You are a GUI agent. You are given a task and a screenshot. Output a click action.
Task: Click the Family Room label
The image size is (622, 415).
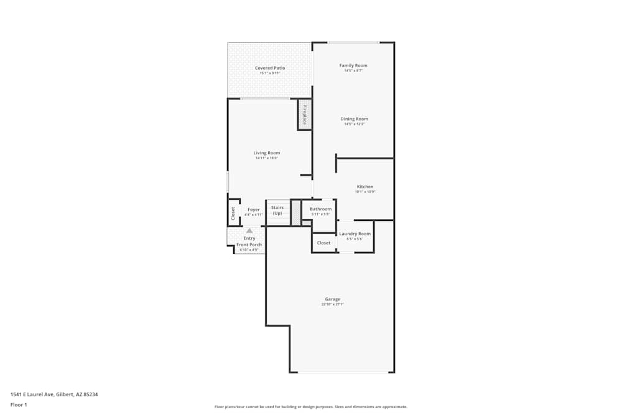coord(353,65)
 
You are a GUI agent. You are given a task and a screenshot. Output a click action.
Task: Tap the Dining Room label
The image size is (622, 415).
coord(354,119)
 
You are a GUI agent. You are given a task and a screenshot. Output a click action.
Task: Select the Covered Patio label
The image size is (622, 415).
coord(270,68)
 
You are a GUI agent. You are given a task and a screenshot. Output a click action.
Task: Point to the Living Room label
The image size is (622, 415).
coord(266,153)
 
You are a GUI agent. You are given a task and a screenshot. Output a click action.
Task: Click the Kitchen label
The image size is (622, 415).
coord(365,187)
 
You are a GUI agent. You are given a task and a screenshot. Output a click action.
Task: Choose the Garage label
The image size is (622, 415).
coord(332,299)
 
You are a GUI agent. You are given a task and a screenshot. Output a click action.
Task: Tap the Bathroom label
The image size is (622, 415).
coord(320,209)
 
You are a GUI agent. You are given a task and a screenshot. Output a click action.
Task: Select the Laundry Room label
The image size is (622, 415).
coord(355,234)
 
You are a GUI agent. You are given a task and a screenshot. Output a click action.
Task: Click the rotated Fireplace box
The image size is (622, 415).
coord(305,115)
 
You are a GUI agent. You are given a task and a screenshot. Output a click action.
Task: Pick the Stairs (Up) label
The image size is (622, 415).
coord(277,210)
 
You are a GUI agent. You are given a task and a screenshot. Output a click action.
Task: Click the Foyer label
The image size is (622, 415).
coord(254,210)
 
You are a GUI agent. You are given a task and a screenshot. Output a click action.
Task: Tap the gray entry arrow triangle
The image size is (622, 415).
coord(249,230)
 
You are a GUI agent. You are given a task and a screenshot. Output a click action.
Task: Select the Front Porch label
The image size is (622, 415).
coord(249,245)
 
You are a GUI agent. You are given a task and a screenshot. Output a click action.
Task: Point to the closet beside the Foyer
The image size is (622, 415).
coord(233,213)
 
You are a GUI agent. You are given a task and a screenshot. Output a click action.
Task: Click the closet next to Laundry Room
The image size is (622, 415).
coord(323,243)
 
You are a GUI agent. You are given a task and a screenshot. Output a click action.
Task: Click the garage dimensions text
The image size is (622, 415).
coord(332,304)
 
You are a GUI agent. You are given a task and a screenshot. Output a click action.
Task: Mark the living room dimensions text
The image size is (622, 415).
coord(266,158)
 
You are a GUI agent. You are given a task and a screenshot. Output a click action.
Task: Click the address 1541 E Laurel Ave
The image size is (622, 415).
coord(54,394)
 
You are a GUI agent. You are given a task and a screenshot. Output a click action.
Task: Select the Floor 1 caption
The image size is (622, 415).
coord(19,404)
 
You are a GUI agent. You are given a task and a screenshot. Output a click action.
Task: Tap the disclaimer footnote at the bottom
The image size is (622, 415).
coord(311,406)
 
